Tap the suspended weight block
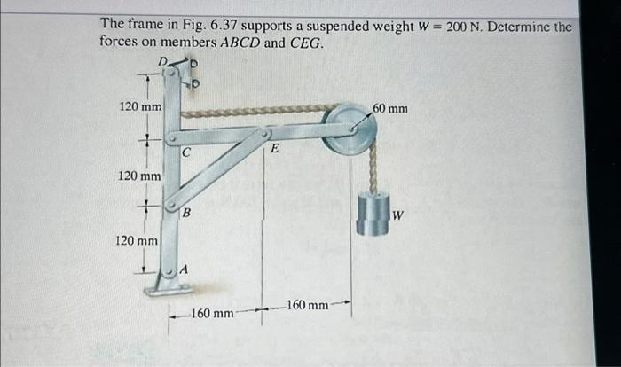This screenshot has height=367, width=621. pyautogui.click(x=372, y=214)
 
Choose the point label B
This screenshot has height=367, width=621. pyautogui.click(x=186, y=213)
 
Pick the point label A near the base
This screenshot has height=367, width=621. pyautogui.click(x=184, y=269)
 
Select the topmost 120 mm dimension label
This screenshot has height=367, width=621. pyautogui.click(x=140, y=107)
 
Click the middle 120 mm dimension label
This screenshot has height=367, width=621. pyautogui.click(x=140, y=176)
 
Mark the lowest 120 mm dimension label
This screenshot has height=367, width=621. pyautogui.click(x=138, y=240)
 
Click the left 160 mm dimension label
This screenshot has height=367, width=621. pyautogui.click(x=212, y=313)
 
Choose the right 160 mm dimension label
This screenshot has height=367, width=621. pyautogui.click(x=306, y=306)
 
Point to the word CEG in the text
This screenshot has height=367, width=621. pyautogui.click(x=307, y=43)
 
